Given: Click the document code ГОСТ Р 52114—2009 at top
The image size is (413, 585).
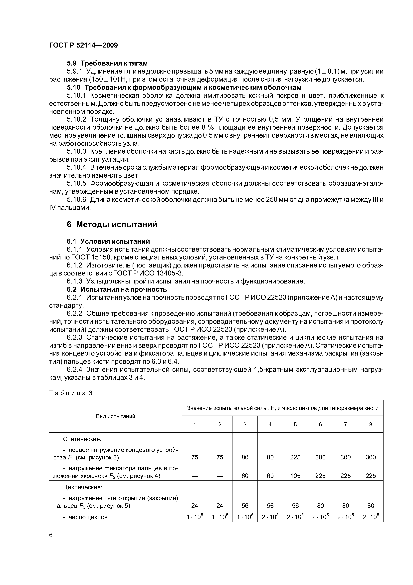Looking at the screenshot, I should (83, 45).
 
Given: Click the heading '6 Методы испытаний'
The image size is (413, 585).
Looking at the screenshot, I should (112, 224).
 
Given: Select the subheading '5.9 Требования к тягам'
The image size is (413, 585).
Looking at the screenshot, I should (107, 63).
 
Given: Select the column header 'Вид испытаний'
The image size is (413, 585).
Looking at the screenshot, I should (115, 416).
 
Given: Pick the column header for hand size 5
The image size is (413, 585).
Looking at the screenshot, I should (295, 424).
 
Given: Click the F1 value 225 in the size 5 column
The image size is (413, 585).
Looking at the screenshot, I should (295, 457).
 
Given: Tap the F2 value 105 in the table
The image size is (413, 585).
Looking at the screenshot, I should (295, 476).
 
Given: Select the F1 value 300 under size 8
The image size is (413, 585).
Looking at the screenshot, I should (371, 457).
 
